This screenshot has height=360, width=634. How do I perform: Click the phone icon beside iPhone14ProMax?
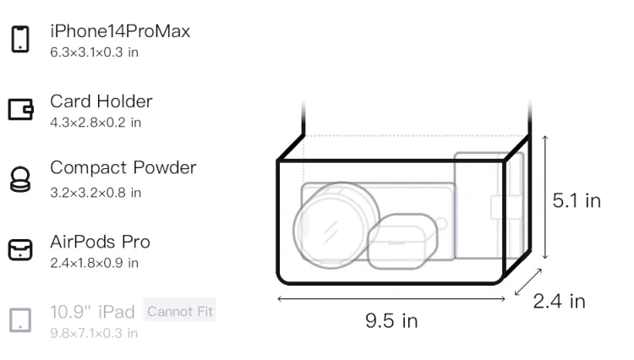tap(20, 39)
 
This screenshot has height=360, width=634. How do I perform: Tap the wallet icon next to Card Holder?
tap(20, 109)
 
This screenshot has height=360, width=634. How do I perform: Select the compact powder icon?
tap(20, 179)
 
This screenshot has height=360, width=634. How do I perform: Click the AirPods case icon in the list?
tap(20, 249)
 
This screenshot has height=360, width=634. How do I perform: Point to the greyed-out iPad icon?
tap(20, 320)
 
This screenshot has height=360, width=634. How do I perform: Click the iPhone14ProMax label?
tap(120, 31)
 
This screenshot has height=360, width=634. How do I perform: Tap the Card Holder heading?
tap(101, 101)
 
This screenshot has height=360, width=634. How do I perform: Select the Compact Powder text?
tap(123, 167)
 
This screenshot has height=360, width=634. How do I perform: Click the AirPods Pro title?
tap(101, 242)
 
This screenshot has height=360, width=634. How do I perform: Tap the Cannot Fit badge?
tap(180, 311)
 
